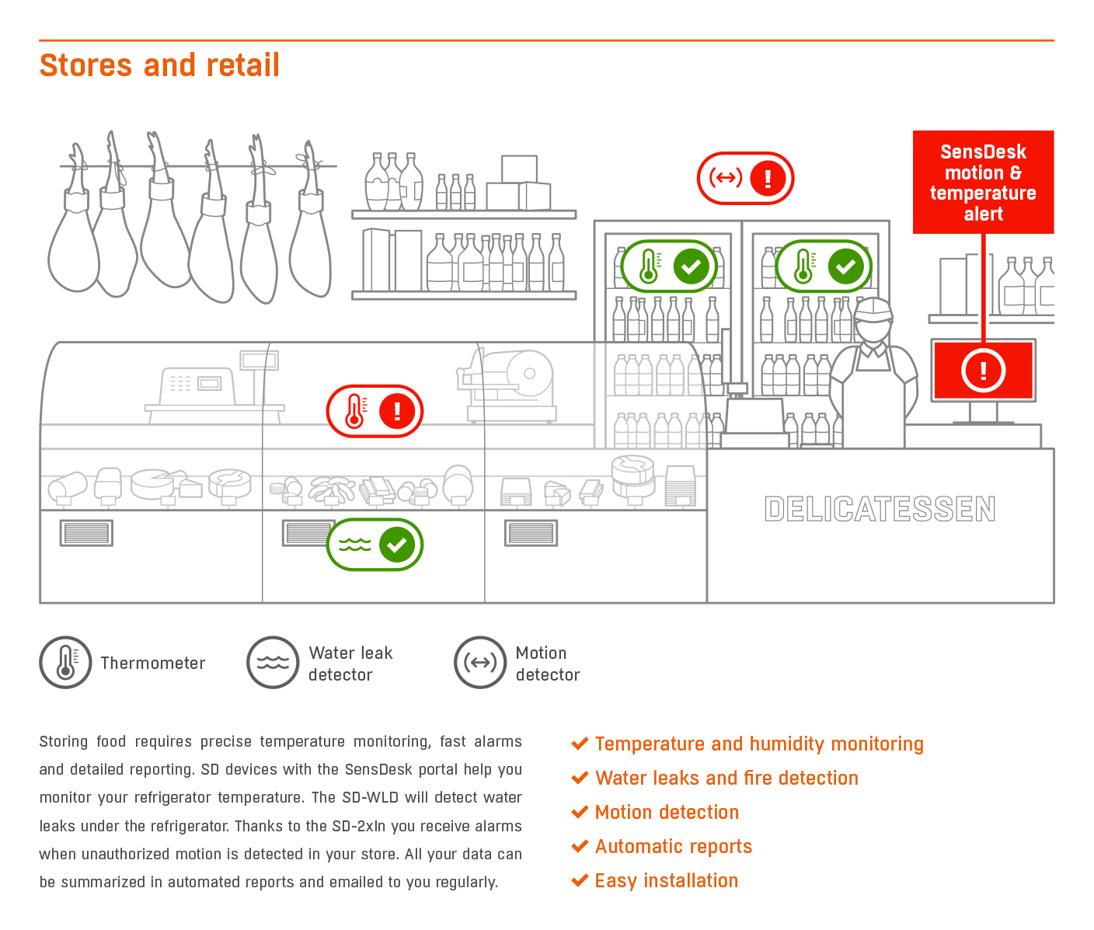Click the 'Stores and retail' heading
pos(159,65)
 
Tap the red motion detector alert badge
pos(745,178)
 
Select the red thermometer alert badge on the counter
pos(375,411)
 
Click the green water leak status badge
pos(375,545)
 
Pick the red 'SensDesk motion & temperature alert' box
pos(983,182)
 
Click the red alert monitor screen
pos(983,371)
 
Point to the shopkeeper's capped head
pos(874,321)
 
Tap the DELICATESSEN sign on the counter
pos(880,509)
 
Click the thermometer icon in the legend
pos(65,662)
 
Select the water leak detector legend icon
pos(273,662)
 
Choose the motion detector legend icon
pos(480,662)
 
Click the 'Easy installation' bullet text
pos(667,881)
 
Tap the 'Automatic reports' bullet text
pos(673,846)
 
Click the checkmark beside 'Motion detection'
pos(580,811)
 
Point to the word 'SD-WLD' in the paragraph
pos(370,797)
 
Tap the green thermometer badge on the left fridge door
pos(668,266)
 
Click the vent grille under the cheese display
pos(86,533)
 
